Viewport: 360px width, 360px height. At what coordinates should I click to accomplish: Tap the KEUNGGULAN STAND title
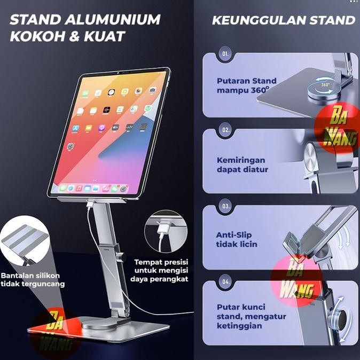coord(283,20)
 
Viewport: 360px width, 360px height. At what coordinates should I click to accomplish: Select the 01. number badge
coord(225,54)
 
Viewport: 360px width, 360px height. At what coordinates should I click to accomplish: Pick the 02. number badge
coord(225,130)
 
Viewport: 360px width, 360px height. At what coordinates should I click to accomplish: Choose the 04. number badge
coord(226,279)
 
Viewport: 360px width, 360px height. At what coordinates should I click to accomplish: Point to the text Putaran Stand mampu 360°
coord(243,86)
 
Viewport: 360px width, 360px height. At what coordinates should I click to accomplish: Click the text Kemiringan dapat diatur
coord(242,165)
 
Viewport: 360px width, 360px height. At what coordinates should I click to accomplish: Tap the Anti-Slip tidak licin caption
coord(237,239)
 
